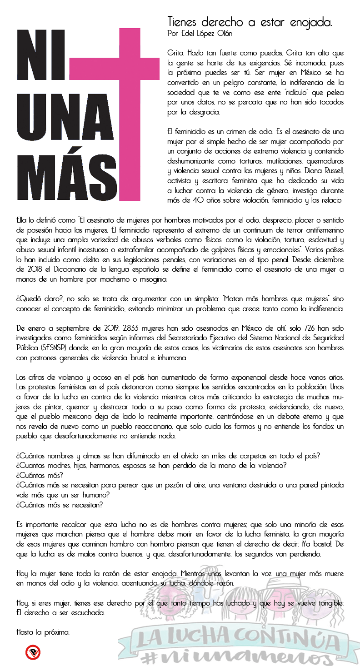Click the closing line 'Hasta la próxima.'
(x=43, y=631)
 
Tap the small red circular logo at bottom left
(x=33, y=653)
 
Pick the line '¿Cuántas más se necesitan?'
(x=59, y=504)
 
